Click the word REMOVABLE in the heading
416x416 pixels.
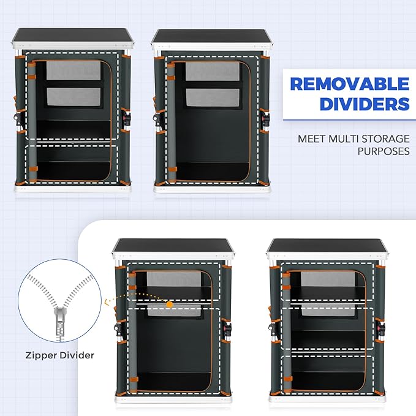350,84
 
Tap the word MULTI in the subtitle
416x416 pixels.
342,138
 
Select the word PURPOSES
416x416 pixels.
384,151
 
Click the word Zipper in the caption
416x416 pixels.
41,355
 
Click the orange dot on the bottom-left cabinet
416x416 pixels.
170,304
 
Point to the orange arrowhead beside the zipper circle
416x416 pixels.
107,301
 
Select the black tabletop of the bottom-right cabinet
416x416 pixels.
326,246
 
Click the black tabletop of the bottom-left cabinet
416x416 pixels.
173,246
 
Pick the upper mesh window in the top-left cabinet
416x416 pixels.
74,70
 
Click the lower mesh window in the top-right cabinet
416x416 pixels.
213,97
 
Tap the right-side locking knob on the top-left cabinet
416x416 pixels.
126,118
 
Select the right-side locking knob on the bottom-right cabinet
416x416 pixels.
380,328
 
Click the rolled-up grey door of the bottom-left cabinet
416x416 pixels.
133,331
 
